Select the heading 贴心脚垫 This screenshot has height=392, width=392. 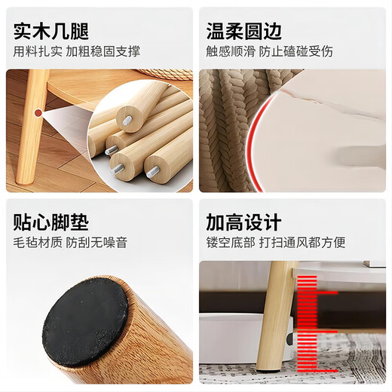51,222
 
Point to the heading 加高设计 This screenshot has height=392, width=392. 243,222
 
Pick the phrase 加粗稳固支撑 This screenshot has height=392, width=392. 103,52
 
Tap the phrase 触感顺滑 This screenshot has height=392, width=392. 230,52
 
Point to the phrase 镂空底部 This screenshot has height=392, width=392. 230,243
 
